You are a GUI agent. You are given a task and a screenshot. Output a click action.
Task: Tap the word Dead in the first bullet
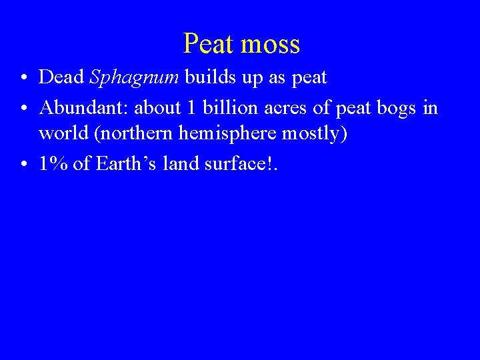pyautogui.click(x=61, y=77)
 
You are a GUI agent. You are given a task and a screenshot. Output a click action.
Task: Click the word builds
pyautogui.click(x=209, y=77)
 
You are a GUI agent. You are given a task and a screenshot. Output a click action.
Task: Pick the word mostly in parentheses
pyautogui.click(x=311, y=133)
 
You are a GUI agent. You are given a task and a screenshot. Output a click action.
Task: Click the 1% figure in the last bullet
pyautogui.click(x=53, y=163)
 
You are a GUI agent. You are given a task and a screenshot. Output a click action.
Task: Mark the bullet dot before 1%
pyautogui.click(x=23, y=164)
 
